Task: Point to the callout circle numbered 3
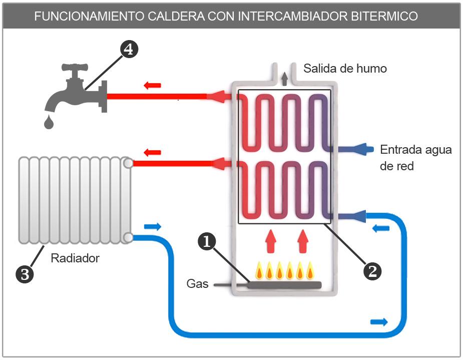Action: pyautogui.click(x=25, y=273)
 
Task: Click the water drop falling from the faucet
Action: pyautogui.click(x=48, y=122)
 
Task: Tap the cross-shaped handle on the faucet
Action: pyautogui.click(x=75, y=67)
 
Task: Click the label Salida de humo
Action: pyautogui.click(x=345, y=69)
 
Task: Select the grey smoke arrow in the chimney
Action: pyautogui.click(x=285, y=78)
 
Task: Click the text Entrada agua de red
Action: pyautogui.click(x=415, y=157)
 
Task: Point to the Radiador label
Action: pyautogui.click(x=75, y=258)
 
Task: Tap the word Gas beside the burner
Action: pyautogui.click(x=197, y=283)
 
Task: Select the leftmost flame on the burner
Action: pyautogui.click(x=259, y=270)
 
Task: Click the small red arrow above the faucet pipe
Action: pyautogui.click(x=152, y=85)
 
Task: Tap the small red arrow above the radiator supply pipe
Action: pyautogui.click(x=152, y=152)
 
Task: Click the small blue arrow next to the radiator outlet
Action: pyautogui.click(x=153, y=227)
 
